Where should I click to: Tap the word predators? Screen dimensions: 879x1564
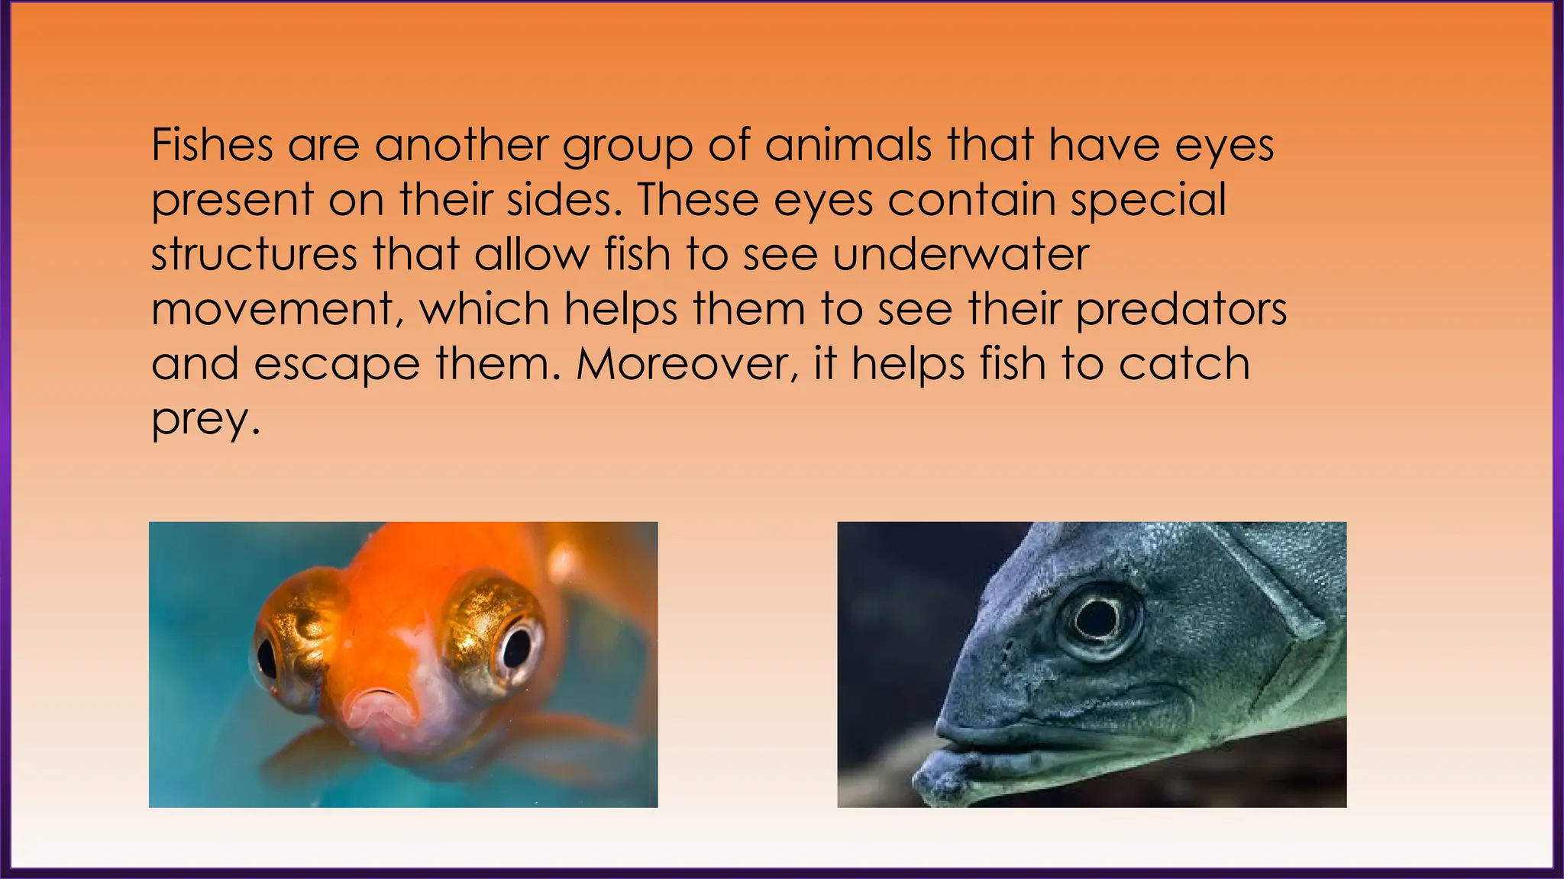[1181, 310]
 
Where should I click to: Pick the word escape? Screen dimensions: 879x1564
[337, 365]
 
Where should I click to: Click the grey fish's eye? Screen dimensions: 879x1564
[1096, 619]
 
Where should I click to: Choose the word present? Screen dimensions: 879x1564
[232, 201]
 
